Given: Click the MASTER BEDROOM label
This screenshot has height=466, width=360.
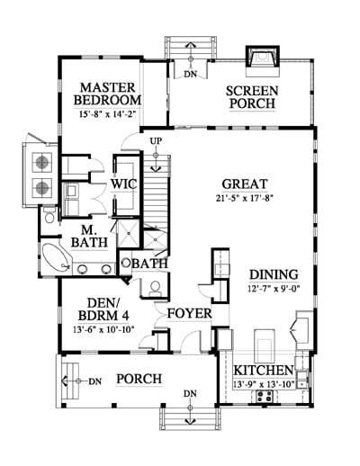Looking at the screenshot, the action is point(107,94).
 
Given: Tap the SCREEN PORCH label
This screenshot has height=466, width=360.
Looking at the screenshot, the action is point(252,97).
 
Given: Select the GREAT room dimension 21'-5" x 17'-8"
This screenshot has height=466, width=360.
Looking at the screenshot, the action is point(245,198).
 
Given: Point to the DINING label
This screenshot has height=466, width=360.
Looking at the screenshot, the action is point(274,274).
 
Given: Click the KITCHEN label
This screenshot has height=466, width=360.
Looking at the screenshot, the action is point(264,371).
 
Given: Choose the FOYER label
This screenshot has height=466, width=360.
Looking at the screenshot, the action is point(189,313).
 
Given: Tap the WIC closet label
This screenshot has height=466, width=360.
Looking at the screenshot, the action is point(124,184).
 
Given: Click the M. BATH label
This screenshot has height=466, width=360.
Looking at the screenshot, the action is point(89,236).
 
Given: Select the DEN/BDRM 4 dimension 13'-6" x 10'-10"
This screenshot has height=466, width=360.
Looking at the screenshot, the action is point(103,329).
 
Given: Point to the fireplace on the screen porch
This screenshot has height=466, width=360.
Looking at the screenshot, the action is point(263,58).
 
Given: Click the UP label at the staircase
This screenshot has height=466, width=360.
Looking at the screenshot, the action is point(156,141).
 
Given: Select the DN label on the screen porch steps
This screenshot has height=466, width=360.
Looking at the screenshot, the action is point(191,75).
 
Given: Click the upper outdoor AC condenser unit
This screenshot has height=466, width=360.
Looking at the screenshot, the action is point(42,162).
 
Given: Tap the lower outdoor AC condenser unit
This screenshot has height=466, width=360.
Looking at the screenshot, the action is point(42,188).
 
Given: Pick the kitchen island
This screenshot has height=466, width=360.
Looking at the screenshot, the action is point(265,345).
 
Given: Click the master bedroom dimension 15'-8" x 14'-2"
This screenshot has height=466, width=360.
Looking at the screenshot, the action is point(107,114).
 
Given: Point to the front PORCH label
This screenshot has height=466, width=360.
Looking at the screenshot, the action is point(139,379).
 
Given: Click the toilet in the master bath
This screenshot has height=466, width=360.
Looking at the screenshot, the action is point(49,215).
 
